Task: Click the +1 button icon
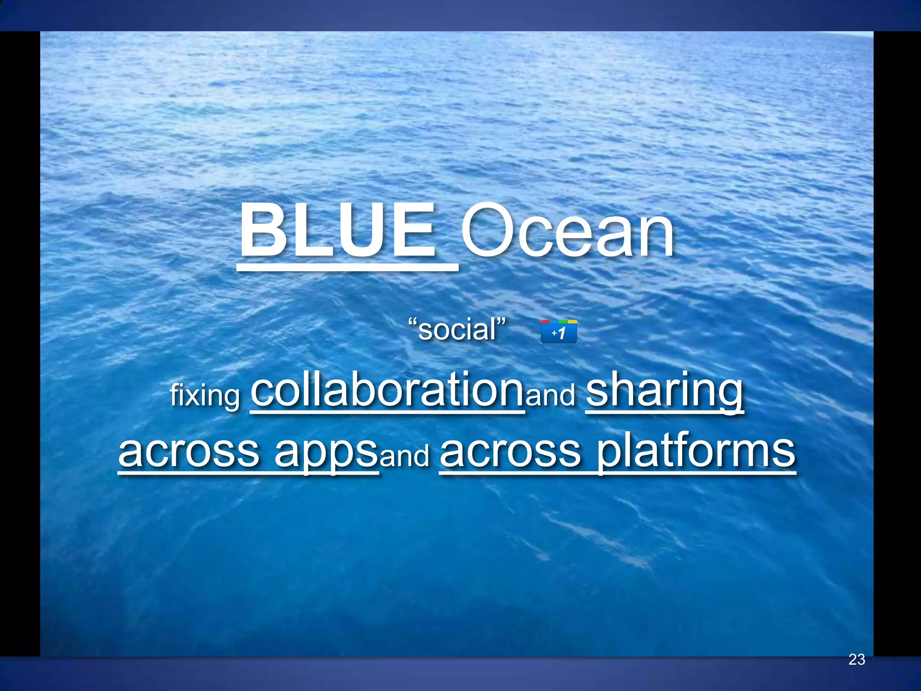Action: tap(559, 332)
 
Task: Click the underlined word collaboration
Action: tap(387, 390)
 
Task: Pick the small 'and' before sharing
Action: tap(550, 395)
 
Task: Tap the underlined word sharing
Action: tap(665, 390)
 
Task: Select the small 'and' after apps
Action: tap(405, 456)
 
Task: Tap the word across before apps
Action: tap(189, 452)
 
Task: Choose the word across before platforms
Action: tap(510, 452)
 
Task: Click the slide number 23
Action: tap(857, 660)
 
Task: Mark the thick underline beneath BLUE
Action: tap(347, 268)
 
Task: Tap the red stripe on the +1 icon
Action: tap(545, 322)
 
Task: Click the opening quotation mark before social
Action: tap(412, 322)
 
